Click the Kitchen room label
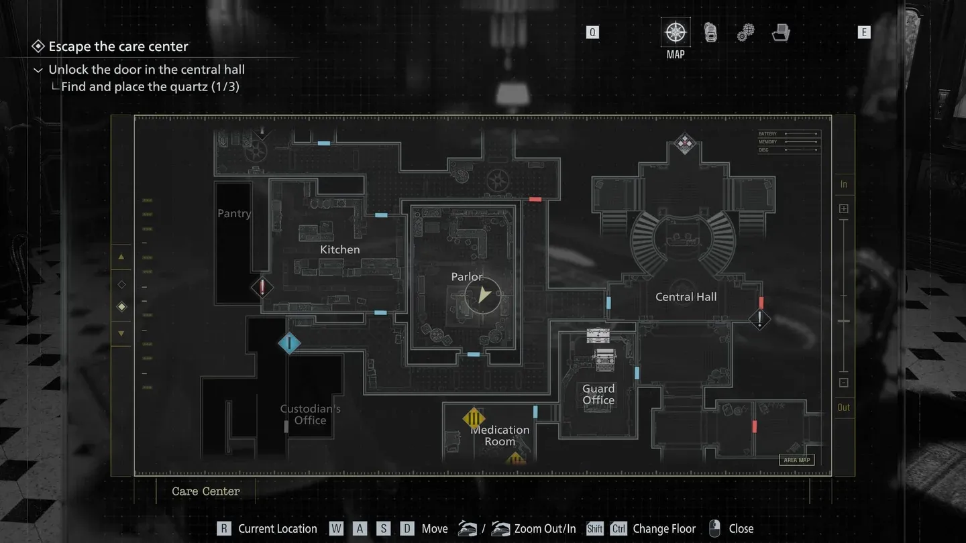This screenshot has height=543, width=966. point(339,249)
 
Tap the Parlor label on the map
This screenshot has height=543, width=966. point(467,277)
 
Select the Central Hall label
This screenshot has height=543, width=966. point(686,297)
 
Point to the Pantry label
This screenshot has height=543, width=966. point(234,214)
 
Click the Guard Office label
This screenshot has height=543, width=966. point(598,394)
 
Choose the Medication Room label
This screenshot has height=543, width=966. point(500,436)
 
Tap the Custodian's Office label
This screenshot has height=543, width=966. point(310,414)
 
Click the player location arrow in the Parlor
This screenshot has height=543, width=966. point(484,294)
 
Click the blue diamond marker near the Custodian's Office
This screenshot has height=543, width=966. point(289,343)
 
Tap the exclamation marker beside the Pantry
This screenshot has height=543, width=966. point(262,288)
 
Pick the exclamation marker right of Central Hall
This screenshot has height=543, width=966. point(759,319)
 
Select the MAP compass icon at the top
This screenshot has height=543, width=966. point(676,33)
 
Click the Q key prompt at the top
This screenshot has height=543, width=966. point(592,32)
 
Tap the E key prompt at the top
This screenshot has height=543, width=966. point(864,32)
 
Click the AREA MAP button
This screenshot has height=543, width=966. point(797,460)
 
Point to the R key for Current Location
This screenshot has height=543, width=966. point(224,529)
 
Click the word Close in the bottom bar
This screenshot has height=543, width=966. point(741,529)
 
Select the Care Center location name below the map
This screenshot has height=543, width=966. point(205,491)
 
